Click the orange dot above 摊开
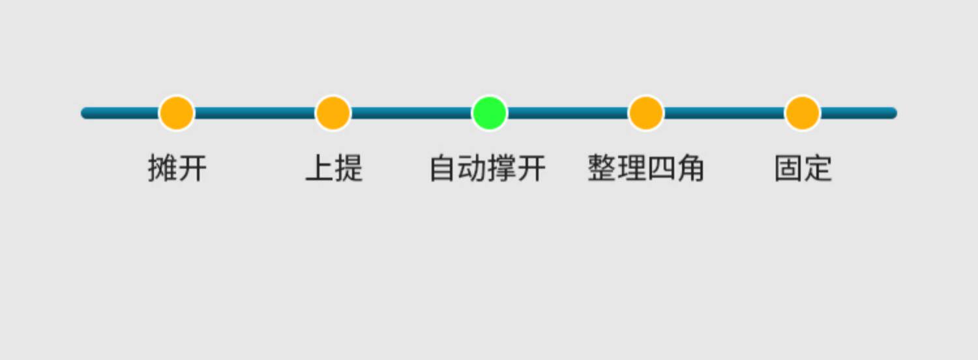point(177,113)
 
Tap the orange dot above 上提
point(333,113)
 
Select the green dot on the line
point(489,113)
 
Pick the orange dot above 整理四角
point(645,113)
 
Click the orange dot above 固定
point(802,113)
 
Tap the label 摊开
point(177,168)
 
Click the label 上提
point(334,168)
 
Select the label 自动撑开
point(488,168)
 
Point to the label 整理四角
point(645,168)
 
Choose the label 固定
point(803,168)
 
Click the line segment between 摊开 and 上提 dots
point(255,113)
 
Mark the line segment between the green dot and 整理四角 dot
point(567,113)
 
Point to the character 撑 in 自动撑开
point(502,168)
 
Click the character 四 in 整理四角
point(660,168)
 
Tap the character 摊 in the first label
point(162,168)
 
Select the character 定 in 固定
point(818,168)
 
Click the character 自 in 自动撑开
point(443,168)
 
